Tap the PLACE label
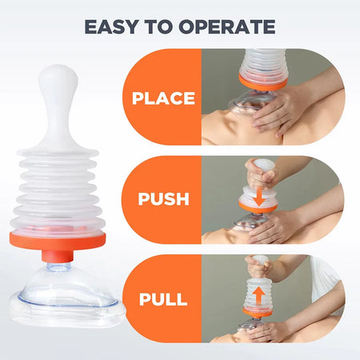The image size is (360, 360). click(x=163, y=98)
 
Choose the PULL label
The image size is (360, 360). click(x=163, y=300)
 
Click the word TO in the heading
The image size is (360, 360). click(x=169, y=26)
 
